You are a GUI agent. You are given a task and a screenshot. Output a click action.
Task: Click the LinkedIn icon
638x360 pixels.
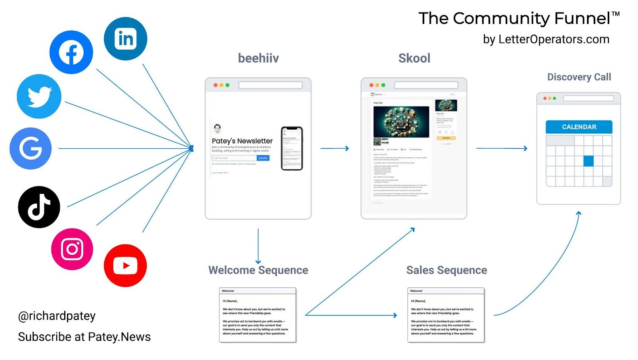tap(126, 39)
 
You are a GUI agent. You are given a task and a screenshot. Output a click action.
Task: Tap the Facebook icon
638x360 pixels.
tap(71, 52)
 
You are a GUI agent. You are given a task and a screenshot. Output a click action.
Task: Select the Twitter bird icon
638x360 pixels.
tap(39, 96)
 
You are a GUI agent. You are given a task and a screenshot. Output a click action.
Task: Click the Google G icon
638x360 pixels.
tap(31, 148)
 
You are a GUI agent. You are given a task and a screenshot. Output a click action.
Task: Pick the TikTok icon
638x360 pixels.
tap(39, 207)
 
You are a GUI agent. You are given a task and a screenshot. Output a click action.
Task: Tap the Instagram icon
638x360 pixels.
tap(72, 249)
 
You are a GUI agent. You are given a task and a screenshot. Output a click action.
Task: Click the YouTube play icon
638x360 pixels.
tap(125, 266)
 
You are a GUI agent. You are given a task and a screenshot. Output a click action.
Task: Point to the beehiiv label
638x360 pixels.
tap(258, 58)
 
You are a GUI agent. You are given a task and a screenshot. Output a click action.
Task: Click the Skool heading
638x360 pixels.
tap(414, 58)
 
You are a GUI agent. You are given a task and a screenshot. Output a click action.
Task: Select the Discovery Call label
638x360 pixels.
tap(579, 77)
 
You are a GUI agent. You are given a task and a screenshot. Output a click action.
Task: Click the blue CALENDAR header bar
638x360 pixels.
tap(579, 127)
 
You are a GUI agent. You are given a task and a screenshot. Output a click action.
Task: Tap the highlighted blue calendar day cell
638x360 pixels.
tap(588, 161)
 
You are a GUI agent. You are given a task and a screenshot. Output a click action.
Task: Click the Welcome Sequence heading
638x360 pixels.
tap(258, 270)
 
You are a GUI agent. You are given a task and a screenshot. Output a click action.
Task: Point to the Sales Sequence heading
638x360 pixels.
tap(447, 270)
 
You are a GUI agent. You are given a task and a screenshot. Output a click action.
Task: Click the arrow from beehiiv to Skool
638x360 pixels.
tap(335, 148)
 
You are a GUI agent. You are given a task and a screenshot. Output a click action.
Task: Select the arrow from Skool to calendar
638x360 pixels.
tap(502, 148)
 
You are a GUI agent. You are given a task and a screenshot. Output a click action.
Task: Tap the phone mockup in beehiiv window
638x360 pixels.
tap(292, 148)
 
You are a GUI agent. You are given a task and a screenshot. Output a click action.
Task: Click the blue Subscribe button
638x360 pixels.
tap(263, 158)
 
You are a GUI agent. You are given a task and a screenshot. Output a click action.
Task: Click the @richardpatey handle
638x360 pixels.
tap(57, 316)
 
